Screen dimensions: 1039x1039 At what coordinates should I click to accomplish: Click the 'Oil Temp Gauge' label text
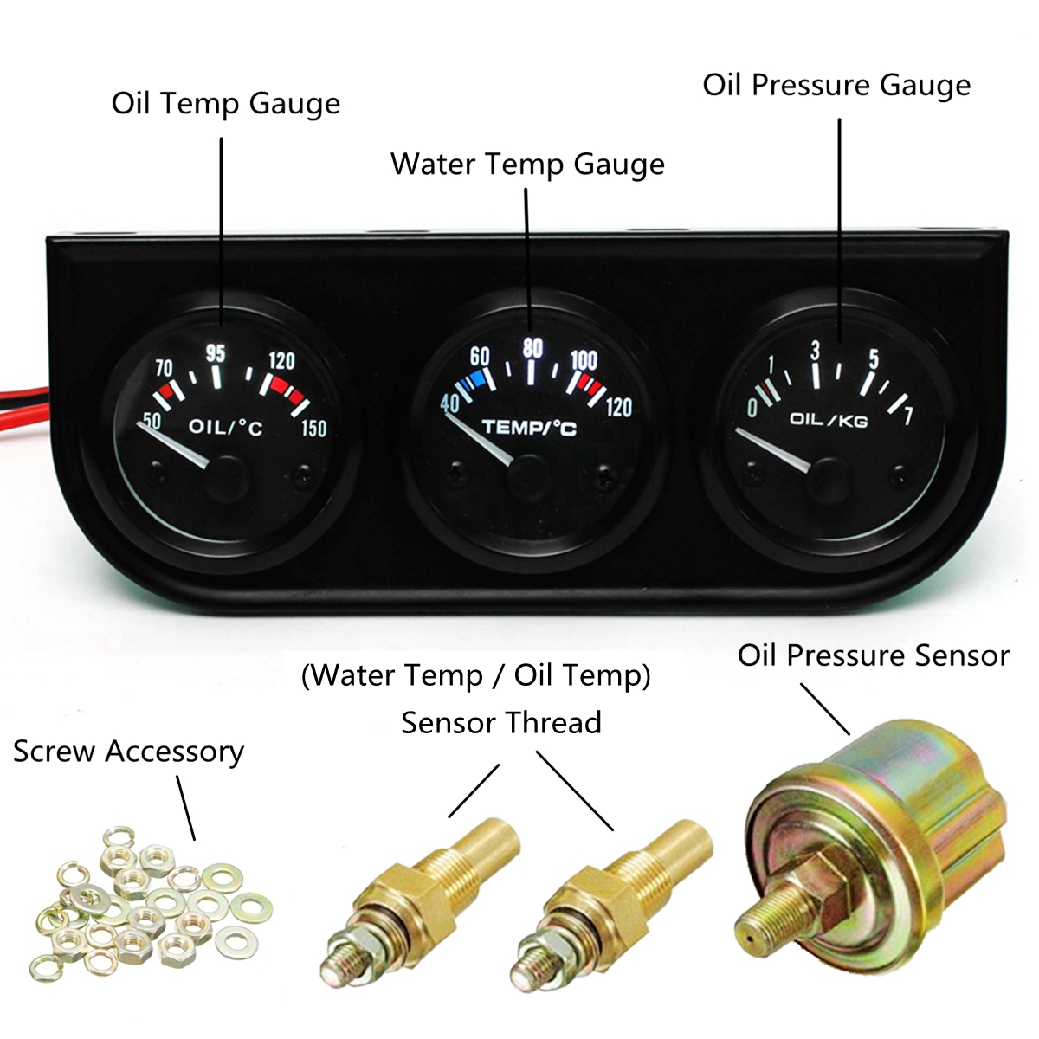click(x=225, y=104)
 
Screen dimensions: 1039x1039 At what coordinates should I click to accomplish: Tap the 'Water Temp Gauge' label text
click(x=527, y=164)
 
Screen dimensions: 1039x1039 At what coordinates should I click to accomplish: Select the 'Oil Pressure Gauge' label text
click(x=836, y=85)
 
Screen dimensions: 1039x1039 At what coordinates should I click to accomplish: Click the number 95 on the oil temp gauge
click(x=216, y=352)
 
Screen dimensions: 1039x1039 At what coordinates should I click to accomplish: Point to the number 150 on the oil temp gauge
click(x=313, y=428)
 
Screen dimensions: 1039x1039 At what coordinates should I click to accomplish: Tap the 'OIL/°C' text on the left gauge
click(x=225, y=426)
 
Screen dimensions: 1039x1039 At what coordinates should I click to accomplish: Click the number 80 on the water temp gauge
click(x=532, y=348)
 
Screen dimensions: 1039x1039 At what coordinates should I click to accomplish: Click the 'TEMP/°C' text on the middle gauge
click(x=528, y=427)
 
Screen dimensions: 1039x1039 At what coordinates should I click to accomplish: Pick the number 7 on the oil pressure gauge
click(x=907, y=416)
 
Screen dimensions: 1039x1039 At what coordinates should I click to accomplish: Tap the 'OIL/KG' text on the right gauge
click(x=828, y=420)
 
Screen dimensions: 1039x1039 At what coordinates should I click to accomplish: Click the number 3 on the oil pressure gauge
click(x=814, y=350)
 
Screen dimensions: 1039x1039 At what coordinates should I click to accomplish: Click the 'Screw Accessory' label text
click(x=128, y=752)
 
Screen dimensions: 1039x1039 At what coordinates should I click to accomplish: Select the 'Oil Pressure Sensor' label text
click(x=873, y=655)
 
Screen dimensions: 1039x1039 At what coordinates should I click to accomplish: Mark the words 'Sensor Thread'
click(x=500, y=722)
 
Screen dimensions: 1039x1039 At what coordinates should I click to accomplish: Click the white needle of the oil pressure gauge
click(x=775, y=450)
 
